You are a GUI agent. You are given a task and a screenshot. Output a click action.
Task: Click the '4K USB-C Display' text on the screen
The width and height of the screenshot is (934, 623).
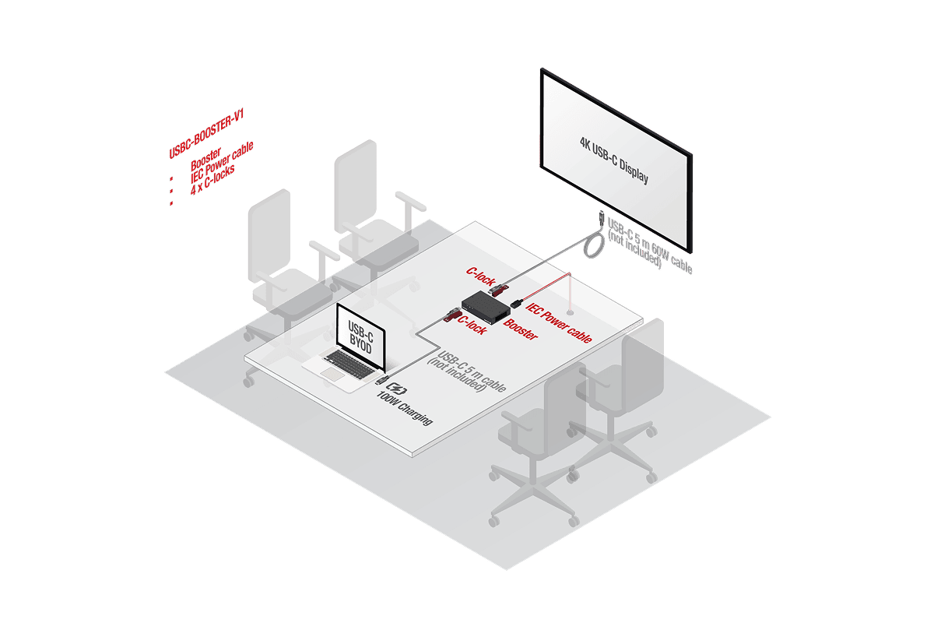click(x=614, y=159)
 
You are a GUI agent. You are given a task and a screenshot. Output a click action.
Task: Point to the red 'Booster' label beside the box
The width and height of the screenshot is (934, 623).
click(x=521, y=329)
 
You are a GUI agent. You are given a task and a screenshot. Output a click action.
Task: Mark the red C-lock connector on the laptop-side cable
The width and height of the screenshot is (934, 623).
click(x=450, y=315)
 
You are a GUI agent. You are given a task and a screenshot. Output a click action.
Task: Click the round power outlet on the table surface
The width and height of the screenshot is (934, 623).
click(x=571, y=313)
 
